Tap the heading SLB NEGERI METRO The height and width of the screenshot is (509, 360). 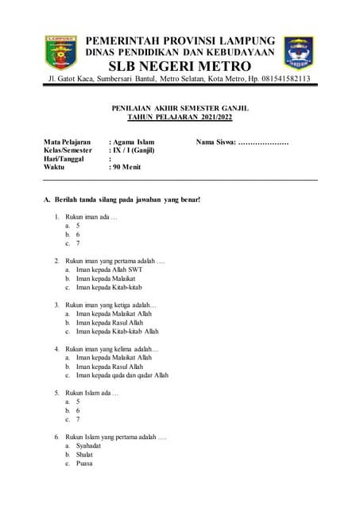pyautogui.click(x=180, y=65)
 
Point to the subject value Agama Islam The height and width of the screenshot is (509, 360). pyautogui.click(x=133, y=142)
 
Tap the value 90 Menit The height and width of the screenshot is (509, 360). pyautogui.click(x=127, y=167)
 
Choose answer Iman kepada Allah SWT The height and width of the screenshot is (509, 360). pyautogui.click(x=109, y=270)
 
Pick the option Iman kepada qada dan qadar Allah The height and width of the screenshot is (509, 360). pyautogui.click(x=122, y=375)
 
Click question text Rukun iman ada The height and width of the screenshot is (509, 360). pyautogui.click(x=91, y=217)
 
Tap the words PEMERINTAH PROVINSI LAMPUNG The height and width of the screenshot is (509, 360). pyautogui.click(x=180, y=40)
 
